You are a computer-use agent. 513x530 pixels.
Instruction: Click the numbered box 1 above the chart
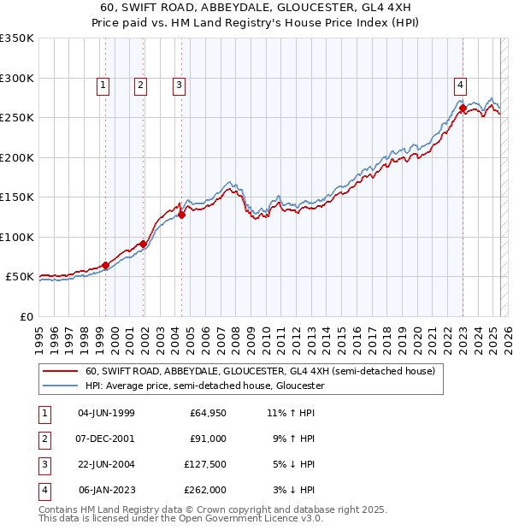pyautogui.click(x=103, y=85)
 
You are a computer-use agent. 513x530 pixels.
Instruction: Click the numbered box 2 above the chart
pyautogui.click(x=140, y=85)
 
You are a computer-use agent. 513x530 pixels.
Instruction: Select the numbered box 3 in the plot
pyautogui.click(x=179, y=85)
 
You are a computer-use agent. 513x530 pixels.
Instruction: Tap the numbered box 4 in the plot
pyautogui.click(x=460, y=85)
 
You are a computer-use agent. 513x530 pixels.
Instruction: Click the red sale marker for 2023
pyautogui.click(x=463, y=108)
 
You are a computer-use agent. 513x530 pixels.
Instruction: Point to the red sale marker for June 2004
pyautogui.click(x=182, y=215)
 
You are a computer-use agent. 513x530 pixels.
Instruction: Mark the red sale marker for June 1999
pyautogui.click(x=106, y=265)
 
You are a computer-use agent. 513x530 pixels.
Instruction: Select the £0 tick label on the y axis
pyautogui.click(x=27, y=317)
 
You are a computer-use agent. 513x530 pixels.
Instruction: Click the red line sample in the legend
pyautogui.click(x=60, y=371)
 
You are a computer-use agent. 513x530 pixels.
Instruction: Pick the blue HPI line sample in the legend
pyautogui.click(x=60, y=386)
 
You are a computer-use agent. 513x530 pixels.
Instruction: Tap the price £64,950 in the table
pyautogui.click(x=208, y=413)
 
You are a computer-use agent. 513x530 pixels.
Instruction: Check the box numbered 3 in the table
pyautogui.click(x=43, y=464)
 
